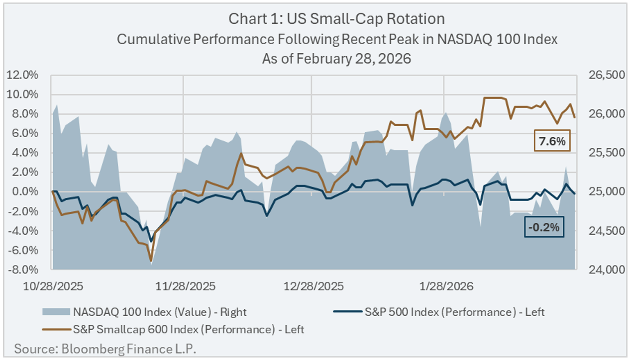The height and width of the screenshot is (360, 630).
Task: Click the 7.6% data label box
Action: pyautogui.click(x=551, y=141)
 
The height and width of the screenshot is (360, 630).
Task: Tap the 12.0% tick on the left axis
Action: pyautogui.click(x=22, y=75)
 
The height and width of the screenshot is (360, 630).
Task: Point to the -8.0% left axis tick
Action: pyautogui.click(x=22, y=270)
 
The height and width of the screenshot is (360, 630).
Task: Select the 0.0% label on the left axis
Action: pyautogui.click(x=24, y=192)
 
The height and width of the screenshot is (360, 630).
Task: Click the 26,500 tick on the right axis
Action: pyautogui.click(x=602, y=75)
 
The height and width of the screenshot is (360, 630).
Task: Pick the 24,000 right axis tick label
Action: pyautogui.click(x=602, y=270)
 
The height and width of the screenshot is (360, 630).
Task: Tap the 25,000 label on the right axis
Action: pyautogui.click(x=602, y=192)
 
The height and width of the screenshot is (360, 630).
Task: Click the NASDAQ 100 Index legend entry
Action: pyautogui.click(x=160, y=312)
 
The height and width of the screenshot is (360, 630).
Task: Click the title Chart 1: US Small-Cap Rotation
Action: pyautogui.click(x=336, y=19)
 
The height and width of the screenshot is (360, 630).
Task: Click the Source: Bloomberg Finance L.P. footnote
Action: pyautogui.click(x=105, y=349)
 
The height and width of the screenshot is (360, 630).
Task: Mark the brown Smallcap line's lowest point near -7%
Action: pyautogui.click(x=151, y=260)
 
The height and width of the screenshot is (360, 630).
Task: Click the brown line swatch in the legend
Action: pyautogui.click(x=56, y=329)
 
